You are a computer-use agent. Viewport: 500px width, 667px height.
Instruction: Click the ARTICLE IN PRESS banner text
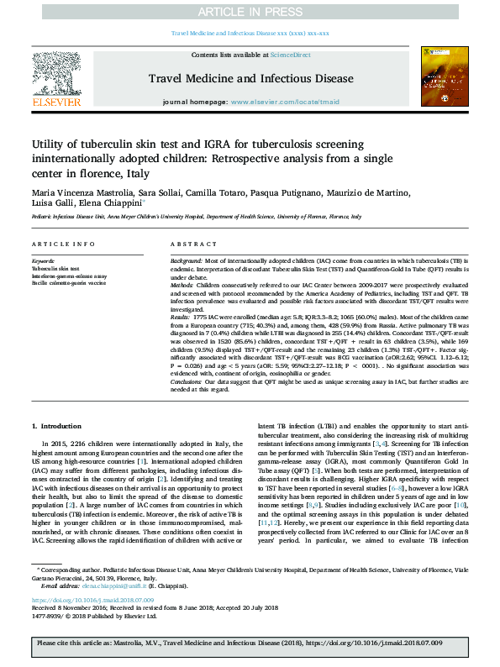(x=250, y=13)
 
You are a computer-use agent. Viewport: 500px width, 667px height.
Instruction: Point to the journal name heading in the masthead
(x=250, y=78)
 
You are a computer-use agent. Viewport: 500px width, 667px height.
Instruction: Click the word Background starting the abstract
(x=187, y=260)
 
